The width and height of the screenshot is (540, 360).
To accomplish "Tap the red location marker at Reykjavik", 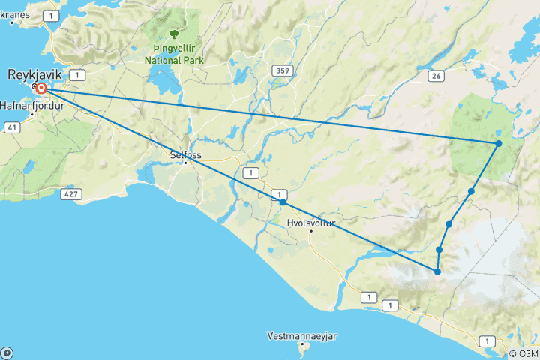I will coord(41,88).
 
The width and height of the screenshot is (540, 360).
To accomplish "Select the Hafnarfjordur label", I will coord(34,105).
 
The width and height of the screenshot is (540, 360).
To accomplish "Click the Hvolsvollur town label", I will coord(311,223).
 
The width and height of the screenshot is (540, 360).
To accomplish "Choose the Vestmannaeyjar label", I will coord(302,335).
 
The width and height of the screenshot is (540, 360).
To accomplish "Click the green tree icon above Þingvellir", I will coord(175,34).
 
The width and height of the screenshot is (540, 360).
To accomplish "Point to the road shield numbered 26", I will coord(436,75).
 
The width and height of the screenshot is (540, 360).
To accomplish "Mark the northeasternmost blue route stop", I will coord(499,143).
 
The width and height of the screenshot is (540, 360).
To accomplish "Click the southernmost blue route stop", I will coord(437,271).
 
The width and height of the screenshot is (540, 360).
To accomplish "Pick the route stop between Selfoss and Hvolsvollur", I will coord(283,202).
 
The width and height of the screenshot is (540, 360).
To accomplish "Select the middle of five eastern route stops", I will coord(448,224).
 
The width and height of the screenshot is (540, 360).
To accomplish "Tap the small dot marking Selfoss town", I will coord(185,163).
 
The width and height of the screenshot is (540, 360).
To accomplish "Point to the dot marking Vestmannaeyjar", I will coord(304,345).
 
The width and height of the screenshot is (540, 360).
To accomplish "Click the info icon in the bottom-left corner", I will coord(7,352).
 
